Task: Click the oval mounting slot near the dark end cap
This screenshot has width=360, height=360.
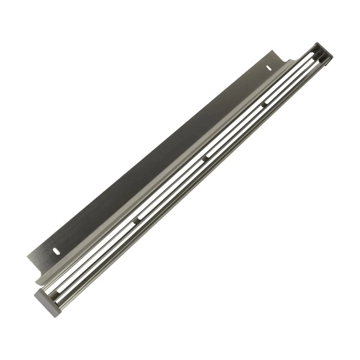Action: (x=269, y=67)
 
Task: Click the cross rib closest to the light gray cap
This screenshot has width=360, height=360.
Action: (x=137, y=220)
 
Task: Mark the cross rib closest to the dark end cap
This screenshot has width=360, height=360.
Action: (x=265, y=104)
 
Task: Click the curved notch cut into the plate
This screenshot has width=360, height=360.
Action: (x=288, y=59)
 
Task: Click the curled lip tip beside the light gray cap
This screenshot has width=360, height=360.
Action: (x=36, y=281)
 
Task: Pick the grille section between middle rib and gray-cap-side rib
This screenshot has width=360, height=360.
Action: (x=171, y=189)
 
